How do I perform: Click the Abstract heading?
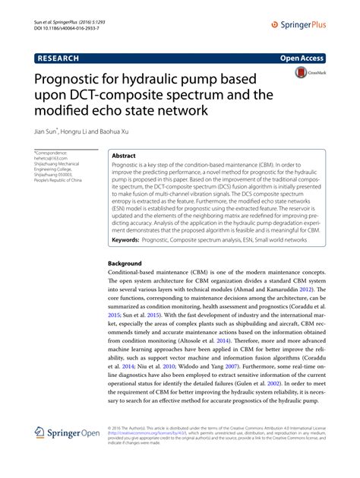pyautogui.click(x=124, y=155)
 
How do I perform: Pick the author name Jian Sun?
pyautogui.click(x=50, y=131)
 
